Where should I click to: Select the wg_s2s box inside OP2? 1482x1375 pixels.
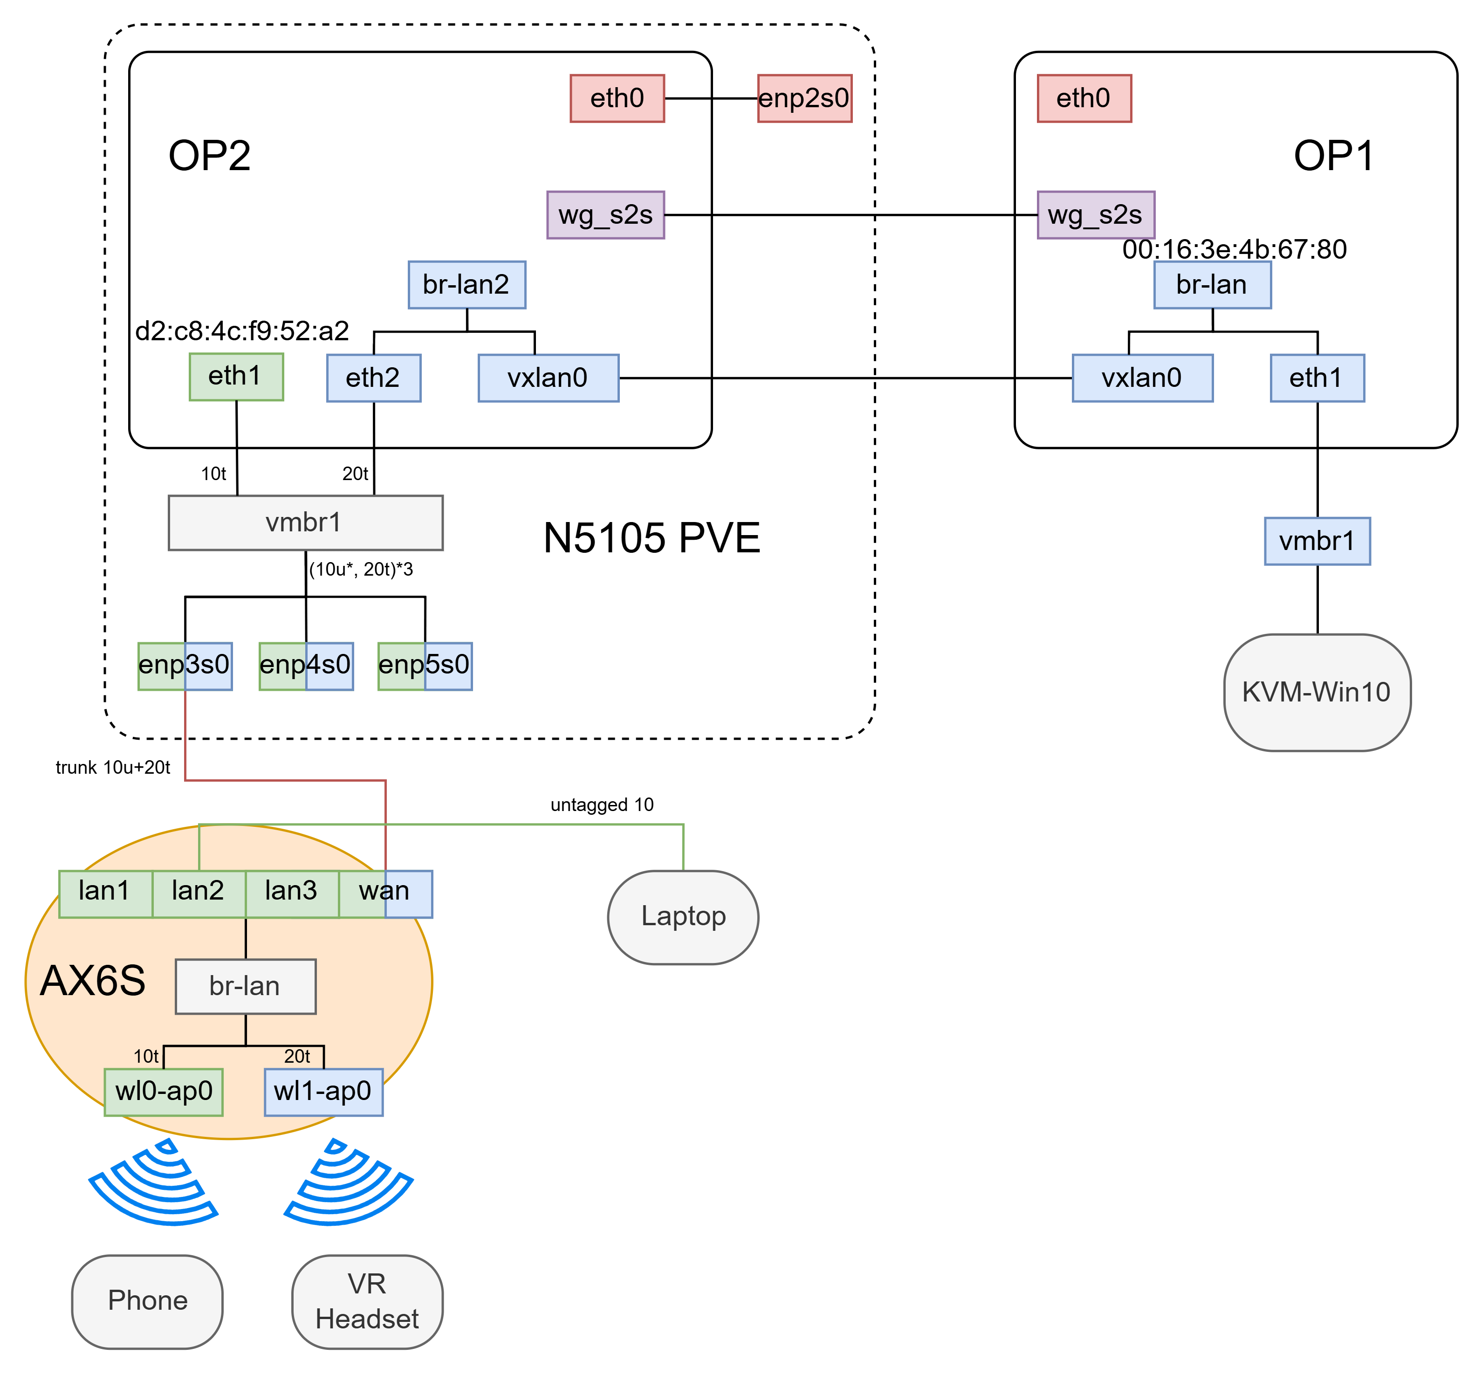click(x=605, y=215)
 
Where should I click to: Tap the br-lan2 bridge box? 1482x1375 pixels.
click(x=467, y=284)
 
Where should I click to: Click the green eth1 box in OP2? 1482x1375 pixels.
click(x=236, y=377)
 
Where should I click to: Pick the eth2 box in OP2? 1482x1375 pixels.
click(x=373, y=378)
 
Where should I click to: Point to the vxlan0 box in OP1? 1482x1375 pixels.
click(x=1141, y=378)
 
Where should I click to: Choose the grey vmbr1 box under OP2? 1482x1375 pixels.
click(x=305, y=522)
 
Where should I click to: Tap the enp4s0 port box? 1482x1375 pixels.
click(x=305, y=665)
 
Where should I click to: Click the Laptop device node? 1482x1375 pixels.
click(x=682, y=917)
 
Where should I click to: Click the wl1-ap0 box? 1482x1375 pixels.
click(x=323, y=1092)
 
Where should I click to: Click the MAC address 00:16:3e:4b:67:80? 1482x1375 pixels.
click(x=1234, y=250)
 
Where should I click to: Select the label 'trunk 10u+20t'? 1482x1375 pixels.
click(x=113, y=768)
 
